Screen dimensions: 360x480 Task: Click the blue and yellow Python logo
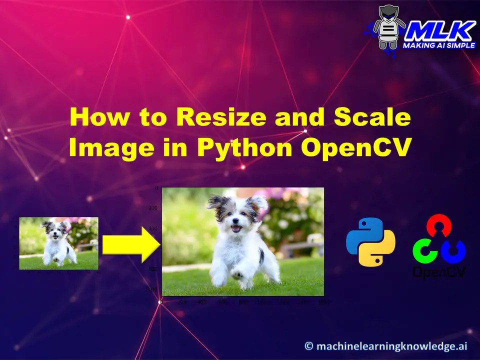coord(370,241)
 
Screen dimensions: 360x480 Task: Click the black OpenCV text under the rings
coord(439,271)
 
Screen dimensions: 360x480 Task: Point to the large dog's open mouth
coord(236,229)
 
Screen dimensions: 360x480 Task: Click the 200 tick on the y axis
coord(152,207)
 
